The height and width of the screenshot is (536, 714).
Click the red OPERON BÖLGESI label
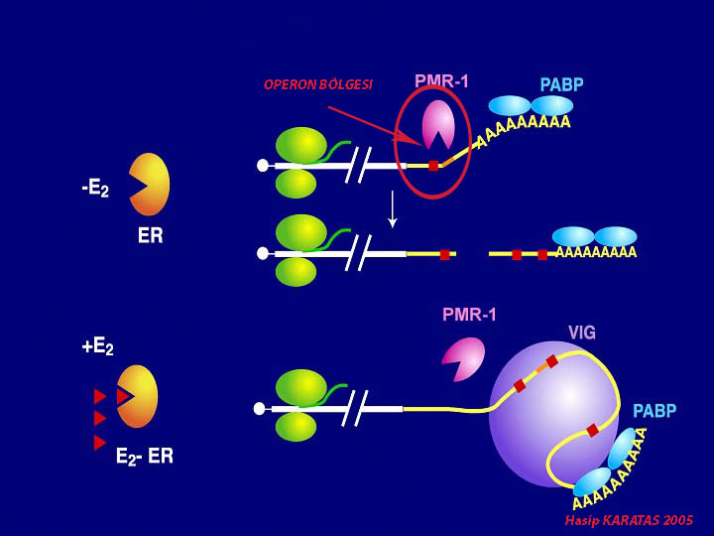pyautogui.click(x=317, y=84)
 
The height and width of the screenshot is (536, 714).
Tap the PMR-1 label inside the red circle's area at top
pyautogui.click(x=441, y=81)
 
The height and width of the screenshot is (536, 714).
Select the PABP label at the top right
pyautogui.click(x=561, y=85)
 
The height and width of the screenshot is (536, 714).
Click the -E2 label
pyautogui.click(x=95, y=188)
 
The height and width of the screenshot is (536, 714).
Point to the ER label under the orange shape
pyautogui.click(x=150, y=237)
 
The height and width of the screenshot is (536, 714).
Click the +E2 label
pyautogui.click(x=97, y=347)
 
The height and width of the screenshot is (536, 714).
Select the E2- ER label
pyautogui.click(x=144, y=458)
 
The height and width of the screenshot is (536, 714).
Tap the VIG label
pyautogui.click(x=582, y=333)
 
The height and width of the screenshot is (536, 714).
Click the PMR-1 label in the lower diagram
pyautogui.click(x=469, y=316)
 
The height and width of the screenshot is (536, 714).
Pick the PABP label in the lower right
pyautogui.click(x=654, y=410)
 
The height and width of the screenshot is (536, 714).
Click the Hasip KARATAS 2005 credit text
pyautogui.click(x=629, y=520)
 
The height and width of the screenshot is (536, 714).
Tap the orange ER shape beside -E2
pyautogui.click(x=151, y=184)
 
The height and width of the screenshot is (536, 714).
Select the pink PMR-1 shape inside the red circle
pyautogui.click(x=437, y=125)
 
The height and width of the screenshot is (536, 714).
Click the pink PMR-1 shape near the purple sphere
pyautogui.click(x=463, y=358)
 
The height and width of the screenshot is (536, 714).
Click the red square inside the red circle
pyautogui.click(x=433, y=165)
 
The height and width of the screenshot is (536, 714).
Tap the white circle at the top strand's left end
pyautogui.click(x=263, y=166)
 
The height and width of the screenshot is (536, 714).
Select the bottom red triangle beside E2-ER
pyautogui.click(x=99, y=443)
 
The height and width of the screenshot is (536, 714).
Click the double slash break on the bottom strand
pyautogui.click(x=355, y=407)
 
